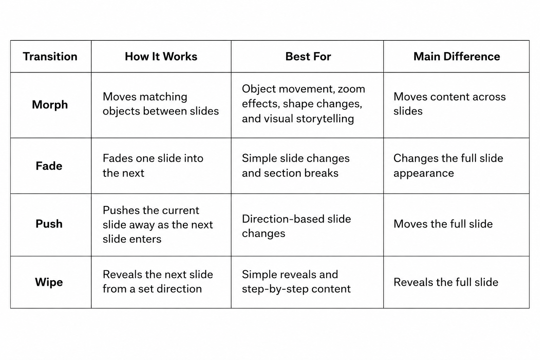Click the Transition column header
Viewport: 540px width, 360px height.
pos(50,56)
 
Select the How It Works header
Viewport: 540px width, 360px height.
pos(161,56)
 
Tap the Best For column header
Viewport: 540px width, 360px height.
pos(308,56)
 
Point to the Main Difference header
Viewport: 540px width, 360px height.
pos(457,56)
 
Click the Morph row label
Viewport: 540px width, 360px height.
pos(50,105)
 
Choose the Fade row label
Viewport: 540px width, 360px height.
pos(49,166)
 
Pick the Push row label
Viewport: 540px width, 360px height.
pos(49,224)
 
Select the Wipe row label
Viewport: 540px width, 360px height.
pos(49,282)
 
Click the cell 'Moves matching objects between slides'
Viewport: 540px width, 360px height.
pos(161,104)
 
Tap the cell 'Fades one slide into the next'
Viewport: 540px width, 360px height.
pos(153,166)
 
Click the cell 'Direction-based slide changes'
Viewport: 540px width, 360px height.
pos(296,226)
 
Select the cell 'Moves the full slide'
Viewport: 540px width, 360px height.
pos(443,224)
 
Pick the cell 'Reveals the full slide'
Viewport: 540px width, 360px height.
pos(446,282)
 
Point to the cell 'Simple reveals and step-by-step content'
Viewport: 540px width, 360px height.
pos(296,282)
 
